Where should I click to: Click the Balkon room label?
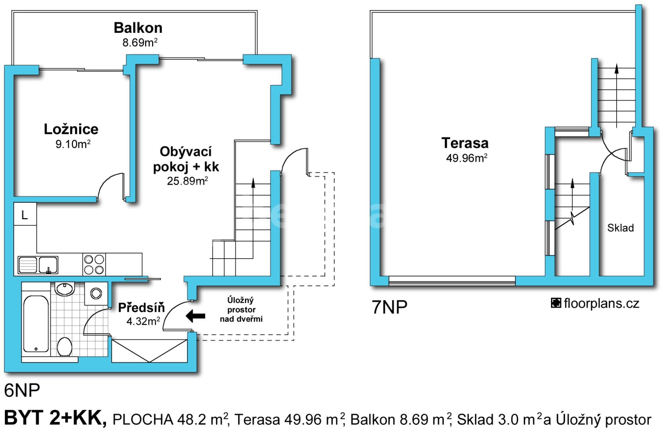coord(138,28)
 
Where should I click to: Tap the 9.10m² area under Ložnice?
coord(73,144)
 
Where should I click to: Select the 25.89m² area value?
coord(187,181)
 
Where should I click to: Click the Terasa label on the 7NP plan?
coord(465,143)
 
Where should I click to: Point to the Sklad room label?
coord(620,228)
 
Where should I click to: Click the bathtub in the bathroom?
coord(36,324)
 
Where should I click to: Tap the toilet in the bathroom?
coord(65,346)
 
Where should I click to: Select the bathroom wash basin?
coord(65,288)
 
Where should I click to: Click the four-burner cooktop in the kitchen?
coord(94,264)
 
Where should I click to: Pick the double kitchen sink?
coord(38,265)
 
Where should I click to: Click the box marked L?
coord(25,214)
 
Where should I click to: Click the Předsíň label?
coord(141,308)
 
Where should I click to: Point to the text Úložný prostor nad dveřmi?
coord(241,310)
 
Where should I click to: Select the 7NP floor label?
coord(389,307)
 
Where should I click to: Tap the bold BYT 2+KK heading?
coord(55,418)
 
